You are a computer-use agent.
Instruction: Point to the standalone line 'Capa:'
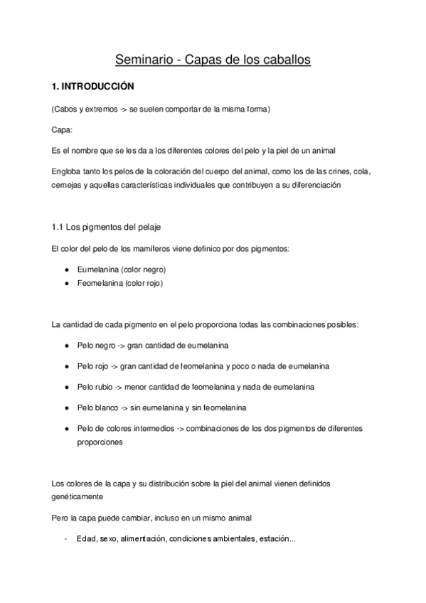point(62,130)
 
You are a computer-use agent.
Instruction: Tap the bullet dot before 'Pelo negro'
point(66,345)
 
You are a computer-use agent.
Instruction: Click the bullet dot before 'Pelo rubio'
point(66,388)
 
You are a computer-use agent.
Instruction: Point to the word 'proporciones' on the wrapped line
point(100,442)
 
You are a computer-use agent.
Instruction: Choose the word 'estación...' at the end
point(275,538)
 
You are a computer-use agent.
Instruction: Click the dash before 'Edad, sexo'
point(65,538)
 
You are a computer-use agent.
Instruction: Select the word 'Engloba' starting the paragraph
point(66,172)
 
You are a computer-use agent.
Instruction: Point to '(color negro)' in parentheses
point(146,270)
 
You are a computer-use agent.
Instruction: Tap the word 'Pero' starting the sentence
point(61,517)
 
